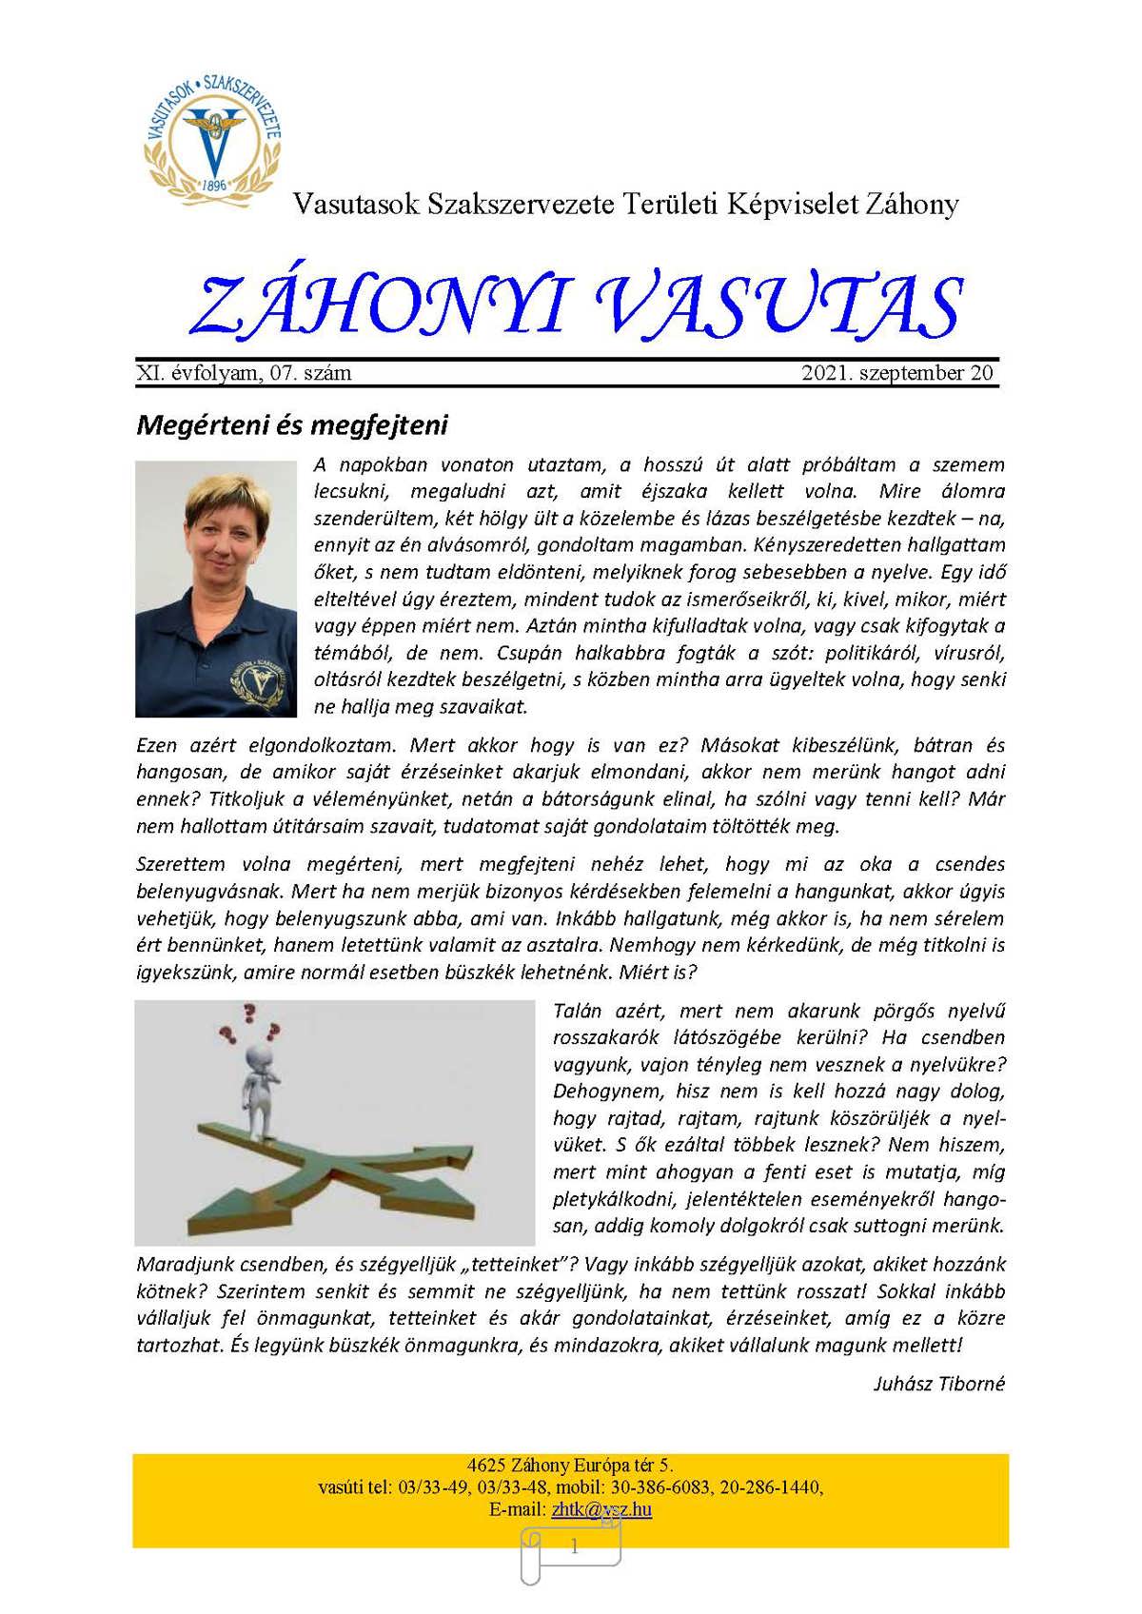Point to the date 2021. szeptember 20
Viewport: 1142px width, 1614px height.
(897, 373)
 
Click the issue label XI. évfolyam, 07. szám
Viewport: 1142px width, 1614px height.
(244, 373)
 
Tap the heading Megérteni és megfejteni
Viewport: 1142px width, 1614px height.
(292, 424)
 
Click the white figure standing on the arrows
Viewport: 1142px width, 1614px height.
(259, 1090)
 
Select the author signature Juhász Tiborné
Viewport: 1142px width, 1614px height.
(938, 1384)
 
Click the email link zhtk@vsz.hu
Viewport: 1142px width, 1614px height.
(601, 1509)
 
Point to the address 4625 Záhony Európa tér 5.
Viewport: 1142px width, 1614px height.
(570, 1466)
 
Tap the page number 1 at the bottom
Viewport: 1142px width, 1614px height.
(574, 1547)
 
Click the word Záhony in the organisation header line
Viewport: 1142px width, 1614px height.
(912, 204)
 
